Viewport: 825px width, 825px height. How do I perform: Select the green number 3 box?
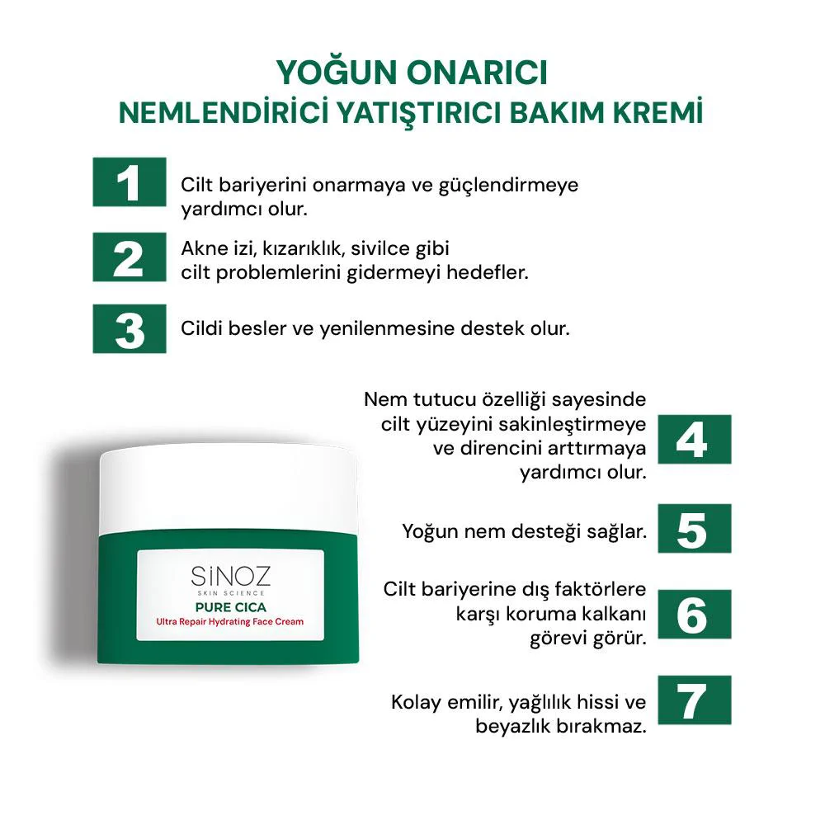129,328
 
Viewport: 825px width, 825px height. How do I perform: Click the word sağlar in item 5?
615,530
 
